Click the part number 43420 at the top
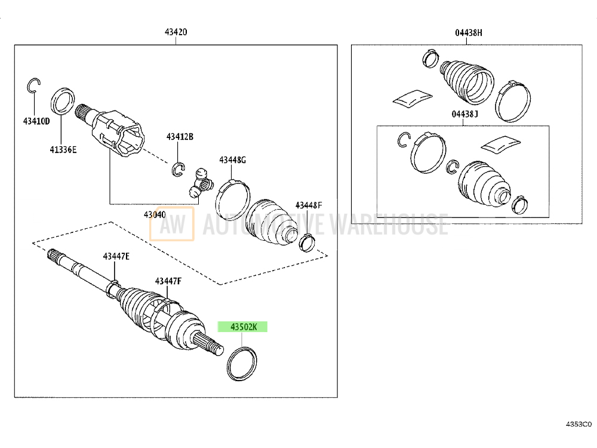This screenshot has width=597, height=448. point(176,32)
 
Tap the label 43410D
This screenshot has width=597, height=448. point(36,122)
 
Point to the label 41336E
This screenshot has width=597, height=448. point(63,150)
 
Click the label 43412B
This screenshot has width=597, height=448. point(180,137)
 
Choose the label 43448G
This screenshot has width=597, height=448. point(232,159)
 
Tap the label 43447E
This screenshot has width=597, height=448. point(116,256)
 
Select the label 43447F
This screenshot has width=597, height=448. point(168,281)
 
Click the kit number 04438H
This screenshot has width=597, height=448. point(468,32)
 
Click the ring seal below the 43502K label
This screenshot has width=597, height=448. point(243,363)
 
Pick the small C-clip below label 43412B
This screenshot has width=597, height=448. point(178,170)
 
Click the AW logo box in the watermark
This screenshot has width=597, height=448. point(171,223)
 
